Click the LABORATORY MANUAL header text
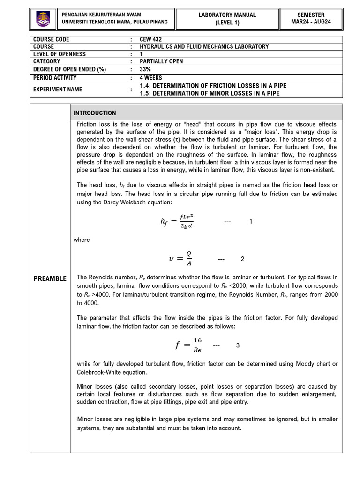[227, 15]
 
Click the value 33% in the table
[145, 69]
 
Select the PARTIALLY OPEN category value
[161, 61]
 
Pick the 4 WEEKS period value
[151, 77]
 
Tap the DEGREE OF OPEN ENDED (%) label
[70, 69]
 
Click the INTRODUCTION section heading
[95, 113]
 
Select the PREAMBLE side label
[50, 279]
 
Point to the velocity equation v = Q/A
[180, 259]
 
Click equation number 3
[238, 345]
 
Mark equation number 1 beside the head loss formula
[251, 221]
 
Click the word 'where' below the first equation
[82, 240]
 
